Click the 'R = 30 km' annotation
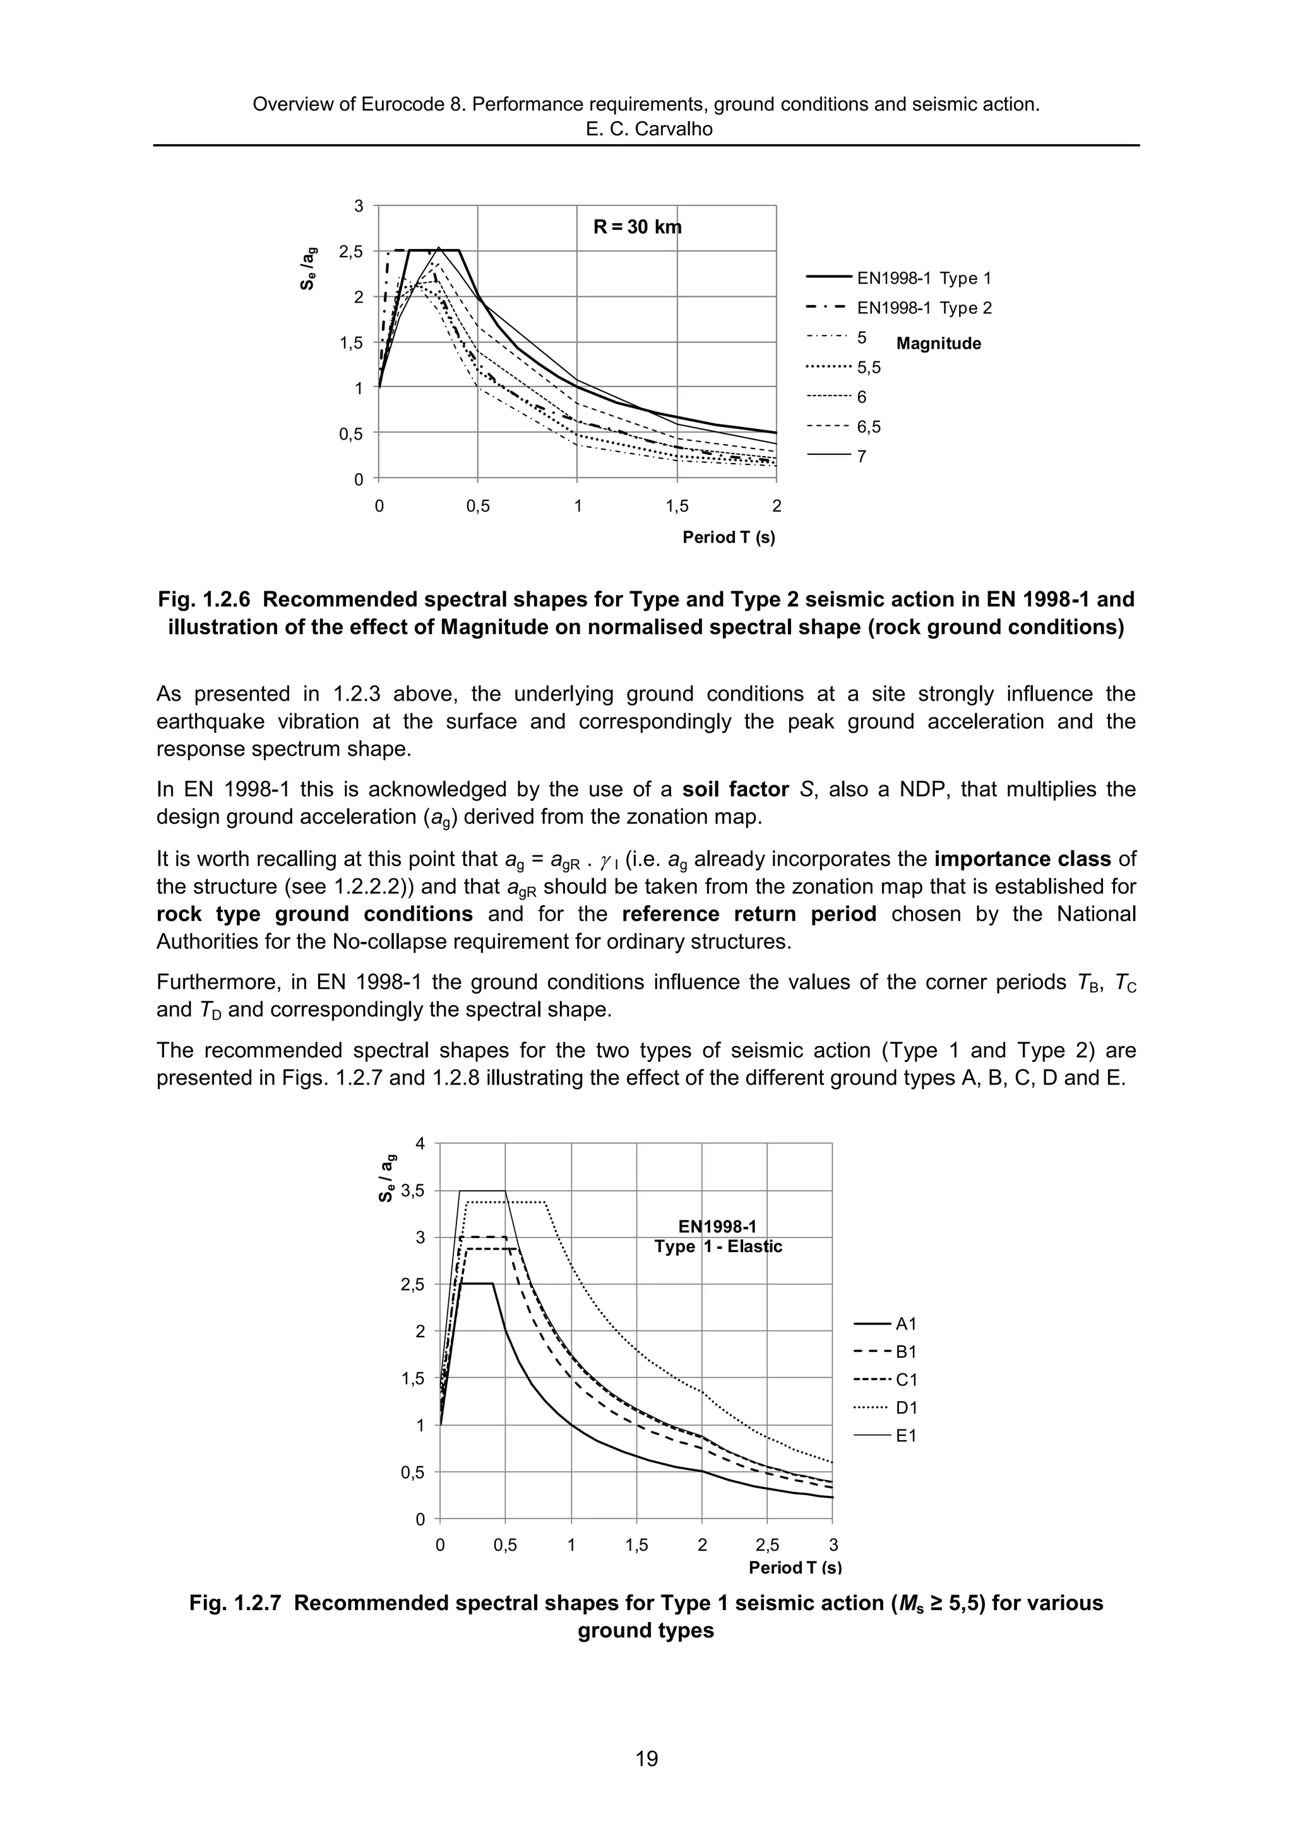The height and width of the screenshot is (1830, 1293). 636,227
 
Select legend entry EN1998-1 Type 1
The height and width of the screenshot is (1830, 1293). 923,278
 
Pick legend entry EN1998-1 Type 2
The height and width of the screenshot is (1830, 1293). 923,308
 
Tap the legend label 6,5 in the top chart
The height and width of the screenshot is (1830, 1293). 868,426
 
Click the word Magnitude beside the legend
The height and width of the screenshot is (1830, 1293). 938,344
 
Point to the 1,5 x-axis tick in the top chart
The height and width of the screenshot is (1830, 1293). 676,506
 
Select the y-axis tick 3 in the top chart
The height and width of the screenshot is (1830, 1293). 359,206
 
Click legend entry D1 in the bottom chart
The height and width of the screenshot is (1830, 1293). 906,1407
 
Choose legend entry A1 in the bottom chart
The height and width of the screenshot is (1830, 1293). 906,1324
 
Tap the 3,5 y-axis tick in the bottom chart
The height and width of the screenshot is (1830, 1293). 414,1191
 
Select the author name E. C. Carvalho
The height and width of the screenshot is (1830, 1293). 648,128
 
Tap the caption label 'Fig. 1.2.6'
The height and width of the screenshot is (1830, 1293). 209,599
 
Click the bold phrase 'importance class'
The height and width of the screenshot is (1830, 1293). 1022,859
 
